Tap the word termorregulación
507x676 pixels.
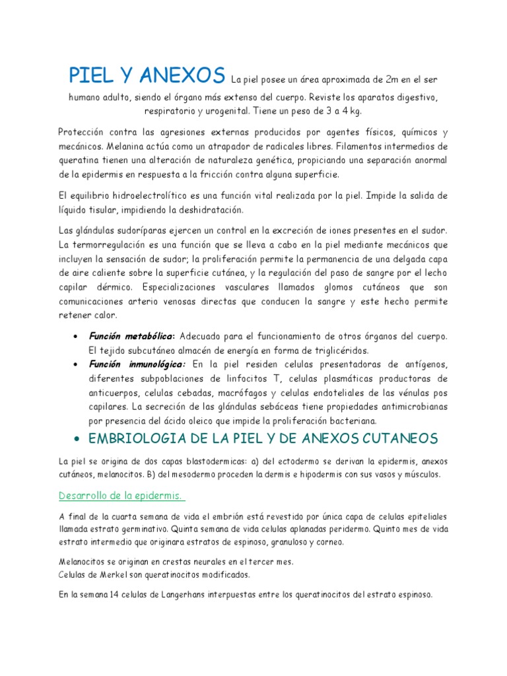[111, 244]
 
